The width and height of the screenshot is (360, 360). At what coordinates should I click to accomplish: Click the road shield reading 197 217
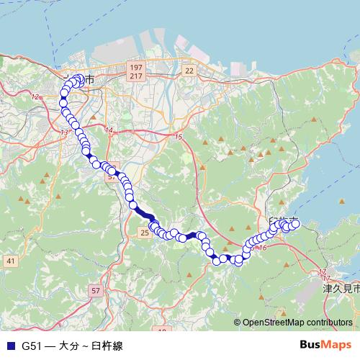pyautogui.click(x=135, y=71)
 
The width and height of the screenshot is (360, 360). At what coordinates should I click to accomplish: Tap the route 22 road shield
pyautogui.click(x=189, y=70)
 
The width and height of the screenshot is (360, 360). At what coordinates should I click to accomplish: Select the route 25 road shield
pyautogui.click(x=145, y=233)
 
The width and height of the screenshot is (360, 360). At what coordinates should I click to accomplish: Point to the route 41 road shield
pyautogui.click(x=10, y=260)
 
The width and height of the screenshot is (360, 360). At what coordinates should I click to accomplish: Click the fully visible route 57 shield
pyautogui.click(x=96, y=290)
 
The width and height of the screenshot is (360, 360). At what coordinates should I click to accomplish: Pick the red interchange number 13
pyautogui.click(x=64, y=132)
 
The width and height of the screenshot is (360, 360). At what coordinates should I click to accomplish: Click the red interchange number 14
pyautogui.click(x=109, y=130)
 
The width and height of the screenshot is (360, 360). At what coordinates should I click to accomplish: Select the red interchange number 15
pyautogui.click(x=179, y=137)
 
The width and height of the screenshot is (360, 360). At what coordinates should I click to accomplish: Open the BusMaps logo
pyautogui.click(x=325, y=345)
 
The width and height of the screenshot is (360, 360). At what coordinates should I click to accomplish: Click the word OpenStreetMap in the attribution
pyautogui.click(x=276, y=323)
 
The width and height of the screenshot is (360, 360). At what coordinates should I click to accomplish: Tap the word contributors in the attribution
pyautogui.click(x=331, y=323)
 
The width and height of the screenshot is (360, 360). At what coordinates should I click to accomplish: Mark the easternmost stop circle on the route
pyautogui.click(x=295, y=224)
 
